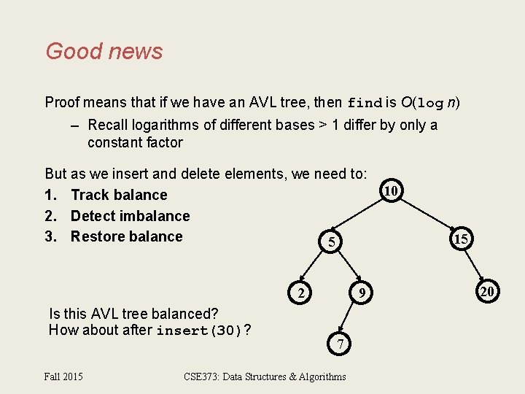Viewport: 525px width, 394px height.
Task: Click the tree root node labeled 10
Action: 391,191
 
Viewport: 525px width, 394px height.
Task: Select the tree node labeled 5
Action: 331,242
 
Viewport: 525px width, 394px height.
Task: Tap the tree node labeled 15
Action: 460,239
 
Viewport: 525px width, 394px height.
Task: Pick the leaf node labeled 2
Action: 300,293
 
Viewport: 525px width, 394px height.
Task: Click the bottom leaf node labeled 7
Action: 340,344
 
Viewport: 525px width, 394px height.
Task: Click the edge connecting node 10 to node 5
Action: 362,216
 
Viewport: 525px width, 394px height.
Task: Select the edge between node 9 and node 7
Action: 348,318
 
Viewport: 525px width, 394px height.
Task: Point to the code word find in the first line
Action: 364,102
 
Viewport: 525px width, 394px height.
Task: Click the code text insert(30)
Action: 200,331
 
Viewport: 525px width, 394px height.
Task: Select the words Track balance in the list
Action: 119,195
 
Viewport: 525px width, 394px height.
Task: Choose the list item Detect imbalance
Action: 130,216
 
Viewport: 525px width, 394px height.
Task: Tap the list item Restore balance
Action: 126,236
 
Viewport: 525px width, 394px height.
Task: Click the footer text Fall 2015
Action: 63,376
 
